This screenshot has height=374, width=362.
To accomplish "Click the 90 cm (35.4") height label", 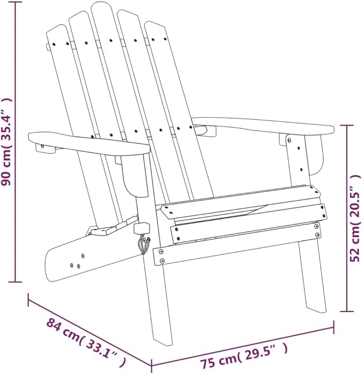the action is (x=6, y=142).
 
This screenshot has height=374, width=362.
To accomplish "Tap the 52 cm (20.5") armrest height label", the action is (x=355, y=218).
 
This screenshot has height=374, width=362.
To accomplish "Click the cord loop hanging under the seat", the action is (x=143, y=245).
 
